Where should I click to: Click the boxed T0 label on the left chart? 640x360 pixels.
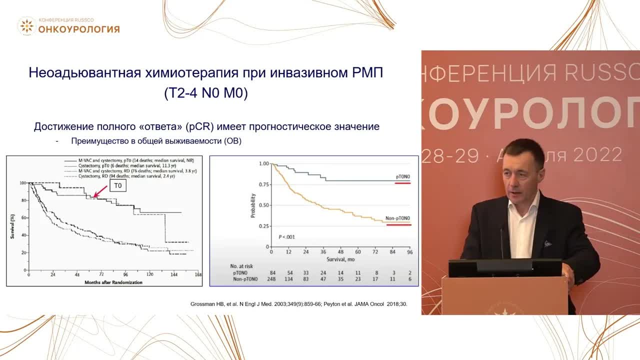tap(118, 185)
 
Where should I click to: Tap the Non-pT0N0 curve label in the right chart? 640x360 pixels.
tap(397, 218)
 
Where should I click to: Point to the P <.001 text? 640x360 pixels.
tap(286, 236)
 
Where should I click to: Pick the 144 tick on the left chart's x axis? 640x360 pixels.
tap(174, 275)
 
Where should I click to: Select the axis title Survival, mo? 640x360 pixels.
tap(340, 259)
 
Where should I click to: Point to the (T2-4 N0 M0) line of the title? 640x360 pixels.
tap(206, 93)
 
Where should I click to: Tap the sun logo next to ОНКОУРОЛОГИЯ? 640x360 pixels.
tap(26, 26)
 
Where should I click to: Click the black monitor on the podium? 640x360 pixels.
tap(504, 268)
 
